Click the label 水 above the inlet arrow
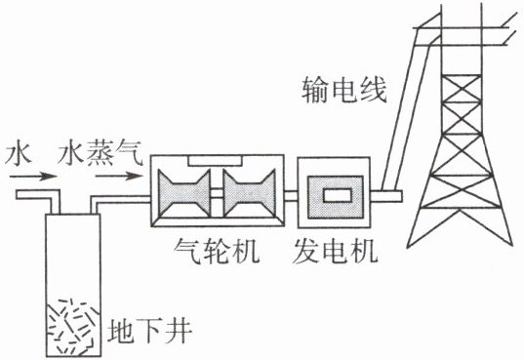coord(19,154)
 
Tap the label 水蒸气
coord(101,153)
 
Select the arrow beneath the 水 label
coord(33,176)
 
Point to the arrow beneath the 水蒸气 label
coord(119,176)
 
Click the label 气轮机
coord(217,251)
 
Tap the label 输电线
coord(344,90)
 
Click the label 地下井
coord(149,331)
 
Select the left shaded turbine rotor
coord(184,193)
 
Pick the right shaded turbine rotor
coord(250,193)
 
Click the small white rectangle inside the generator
coord(338,195)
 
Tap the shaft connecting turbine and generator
coord(291,195)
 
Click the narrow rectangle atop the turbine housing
coord(215,160)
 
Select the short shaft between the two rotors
coord(217,194)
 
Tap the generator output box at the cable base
coord(386,196)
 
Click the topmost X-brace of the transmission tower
coord(462,89)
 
